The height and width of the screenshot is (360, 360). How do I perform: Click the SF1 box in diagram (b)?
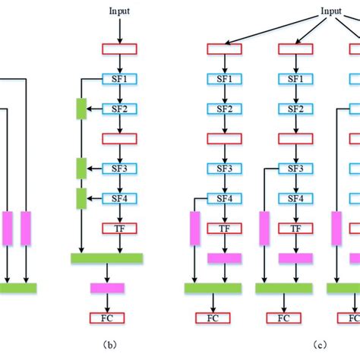[118, 78]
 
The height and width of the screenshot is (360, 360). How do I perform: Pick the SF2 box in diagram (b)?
[118, 109]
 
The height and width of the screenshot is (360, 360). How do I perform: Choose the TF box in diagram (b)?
[118, 228]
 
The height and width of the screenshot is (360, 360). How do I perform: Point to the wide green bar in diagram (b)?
[106, 258]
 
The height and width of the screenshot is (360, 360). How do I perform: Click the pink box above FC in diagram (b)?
[106, 288]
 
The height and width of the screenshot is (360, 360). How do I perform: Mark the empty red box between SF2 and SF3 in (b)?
[118, 138]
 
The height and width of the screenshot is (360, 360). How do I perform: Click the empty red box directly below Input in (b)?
[118, 49]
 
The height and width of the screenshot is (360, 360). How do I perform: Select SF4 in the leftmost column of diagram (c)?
[224, 198]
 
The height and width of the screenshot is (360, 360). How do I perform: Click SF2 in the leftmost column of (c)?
[224, 109]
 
